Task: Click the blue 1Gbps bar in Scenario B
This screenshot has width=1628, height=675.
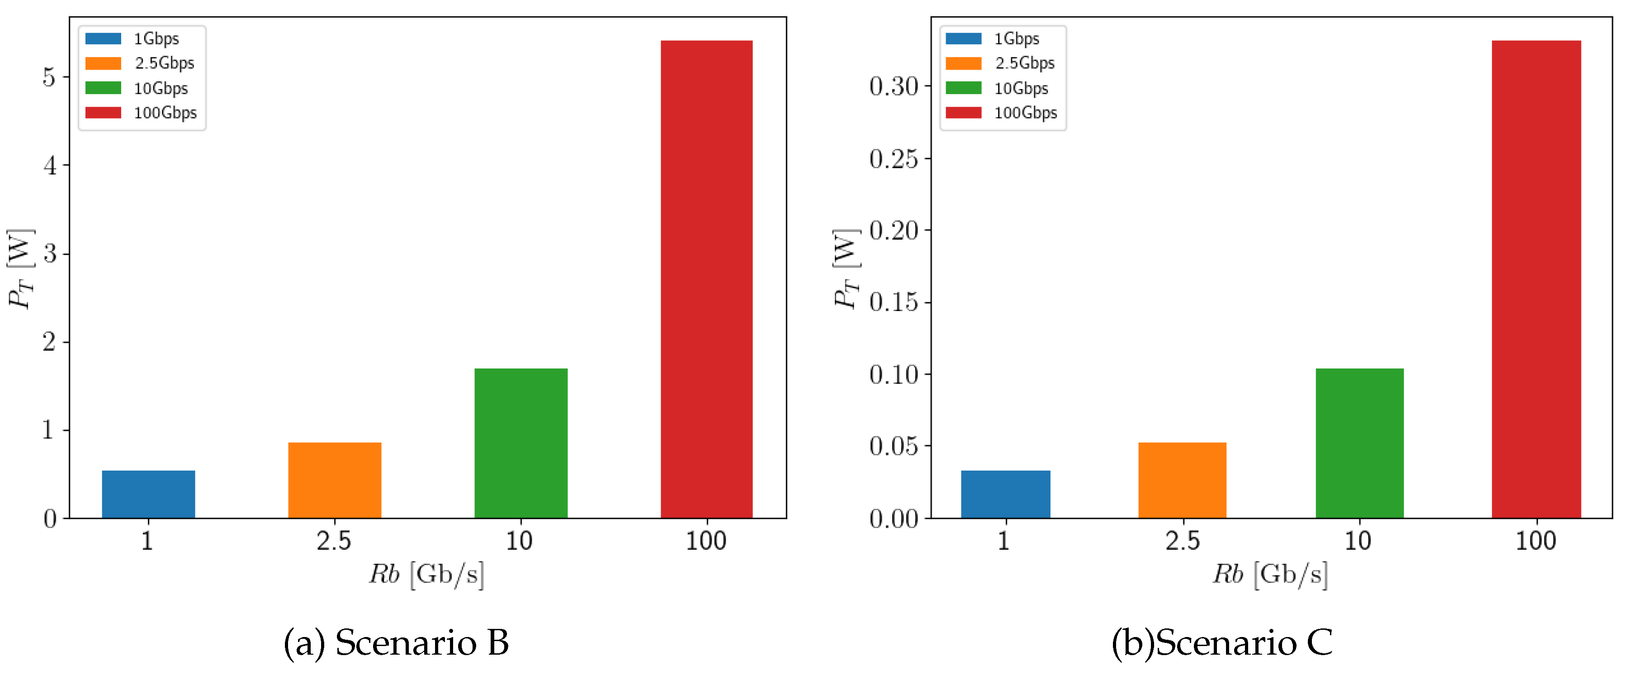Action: (x=148, y=494)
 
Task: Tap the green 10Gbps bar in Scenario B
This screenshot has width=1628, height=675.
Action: (x=521, y=443)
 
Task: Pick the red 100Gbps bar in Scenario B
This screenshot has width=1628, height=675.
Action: (x=706, y=278)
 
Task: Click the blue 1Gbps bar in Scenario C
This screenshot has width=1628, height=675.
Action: (x=1005, y=494)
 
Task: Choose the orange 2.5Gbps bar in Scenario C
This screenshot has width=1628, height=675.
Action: (x=1183, y=480)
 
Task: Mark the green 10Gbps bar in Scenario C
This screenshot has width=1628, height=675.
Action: (x=1359, y=443)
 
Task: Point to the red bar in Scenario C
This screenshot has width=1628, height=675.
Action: (x=1536, y=278)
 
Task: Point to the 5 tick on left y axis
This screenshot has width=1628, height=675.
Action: (x=49, y=77)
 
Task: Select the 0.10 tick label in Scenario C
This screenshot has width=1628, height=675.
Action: (x=894, y=374)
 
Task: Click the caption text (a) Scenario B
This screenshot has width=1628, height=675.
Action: (x=396, y=643)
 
